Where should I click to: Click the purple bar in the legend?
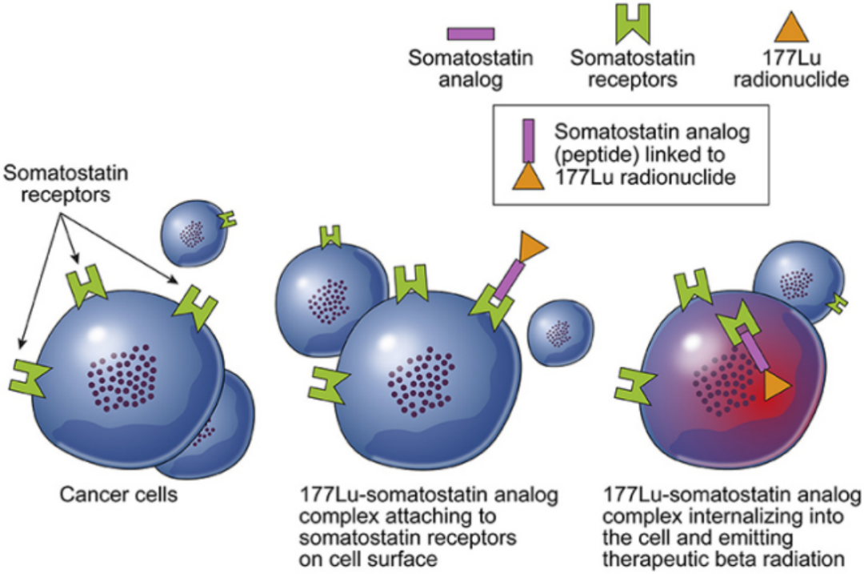coord(470,34)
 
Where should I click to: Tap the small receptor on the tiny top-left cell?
coord(228,219)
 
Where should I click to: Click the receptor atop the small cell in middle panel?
coord(330,237)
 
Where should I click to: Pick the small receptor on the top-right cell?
coord(838,303)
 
